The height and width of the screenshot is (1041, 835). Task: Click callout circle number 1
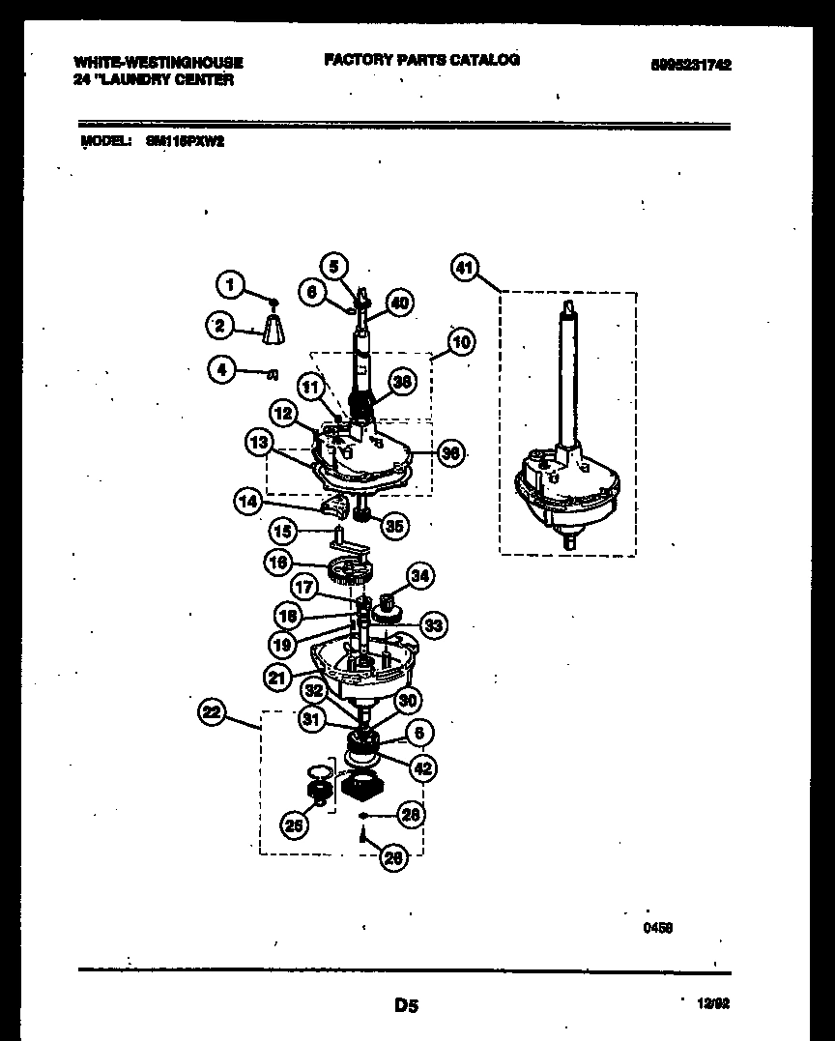pos(228,284)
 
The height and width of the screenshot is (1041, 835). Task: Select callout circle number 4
pos(222,370)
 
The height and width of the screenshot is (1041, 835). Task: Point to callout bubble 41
pos(465,269)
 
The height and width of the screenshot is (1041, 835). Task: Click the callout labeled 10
pos(461,342)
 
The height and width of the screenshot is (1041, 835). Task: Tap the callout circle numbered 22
pos(212,713)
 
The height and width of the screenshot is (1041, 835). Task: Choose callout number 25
pos(294,824)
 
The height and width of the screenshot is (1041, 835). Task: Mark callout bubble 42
pos(422,768)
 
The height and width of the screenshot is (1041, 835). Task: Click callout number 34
pos(419,577)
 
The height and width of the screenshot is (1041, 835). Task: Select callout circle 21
pos(277,679)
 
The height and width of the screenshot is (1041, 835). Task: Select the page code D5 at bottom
pos(406,1006)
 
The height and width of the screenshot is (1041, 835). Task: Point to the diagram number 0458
pos(657,927)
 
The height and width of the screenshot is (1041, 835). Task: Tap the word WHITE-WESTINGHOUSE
pos(158,62)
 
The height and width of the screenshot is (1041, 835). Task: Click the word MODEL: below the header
pos(104,140)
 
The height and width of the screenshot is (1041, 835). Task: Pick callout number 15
pos(282,531)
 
